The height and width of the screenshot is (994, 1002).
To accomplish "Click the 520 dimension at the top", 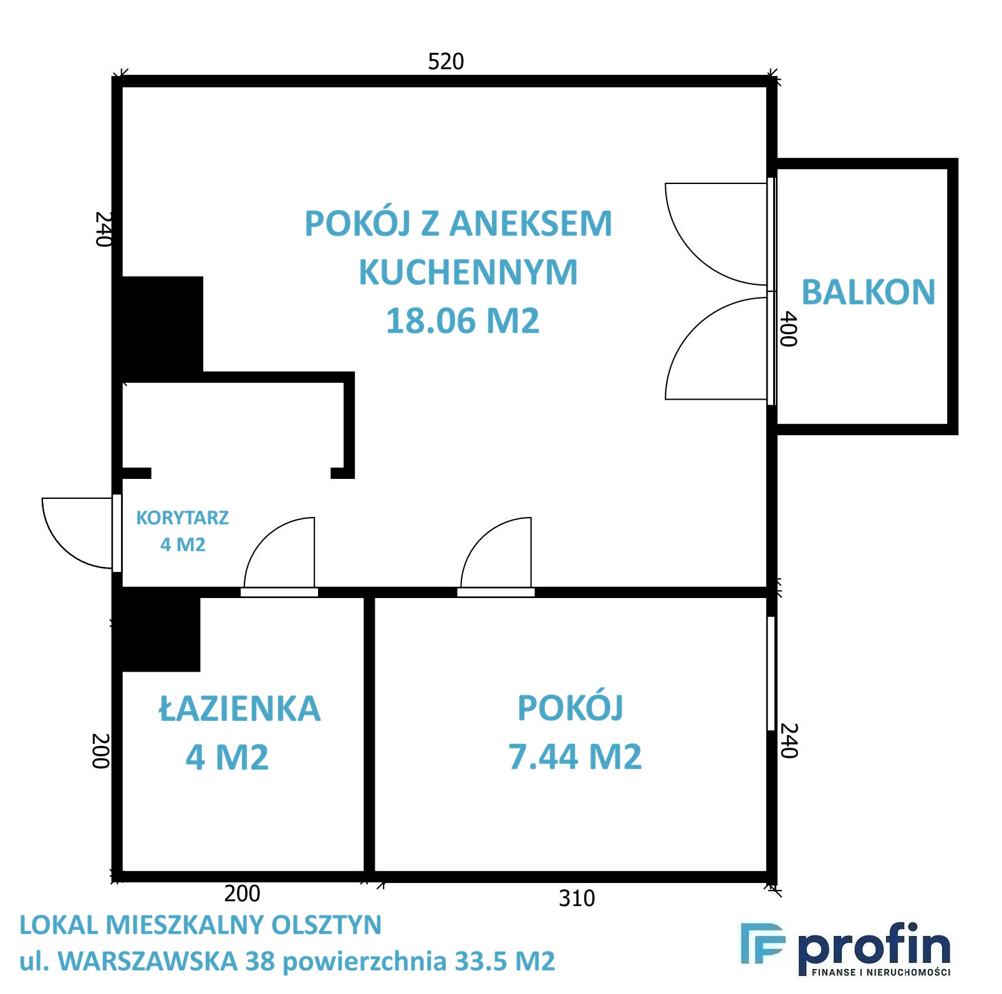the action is click(x=446, y=61).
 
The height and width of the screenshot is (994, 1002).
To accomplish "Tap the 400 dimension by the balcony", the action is click(x=788, y=329).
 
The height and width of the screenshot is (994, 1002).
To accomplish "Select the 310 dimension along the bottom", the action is click(x=577, y=898).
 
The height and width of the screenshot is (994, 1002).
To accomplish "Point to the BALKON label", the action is click(x=868, y=292).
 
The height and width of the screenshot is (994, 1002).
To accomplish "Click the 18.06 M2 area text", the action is click(x=463, y=321).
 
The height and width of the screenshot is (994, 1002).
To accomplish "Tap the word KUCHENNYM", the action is click(x=468, y=272).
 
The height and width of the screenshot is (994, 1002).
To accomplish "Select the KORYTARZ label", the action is click(x=183, y=518).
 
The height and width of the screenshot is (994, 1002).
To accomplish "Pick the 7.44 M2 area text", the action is click(x=575, y=756).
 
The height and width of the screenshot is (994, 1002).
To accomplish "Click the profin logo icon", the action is click(x=763, y=943).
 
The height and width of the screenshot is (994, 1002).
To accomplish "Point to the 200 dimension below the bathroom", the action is click(x=242, y=893).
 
